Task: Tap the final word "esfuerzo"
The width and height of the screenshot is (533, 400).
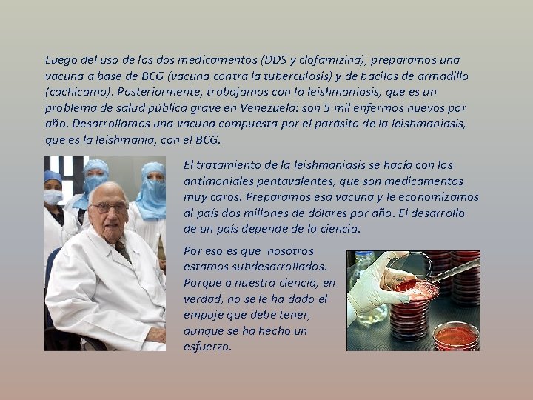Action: tap(207, 346)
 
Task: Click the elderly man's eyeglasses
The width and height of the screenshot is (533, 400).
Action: tap(107, 208)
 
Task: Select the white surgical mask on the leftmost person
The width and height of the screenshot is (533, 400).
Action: tap(53, 196)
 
